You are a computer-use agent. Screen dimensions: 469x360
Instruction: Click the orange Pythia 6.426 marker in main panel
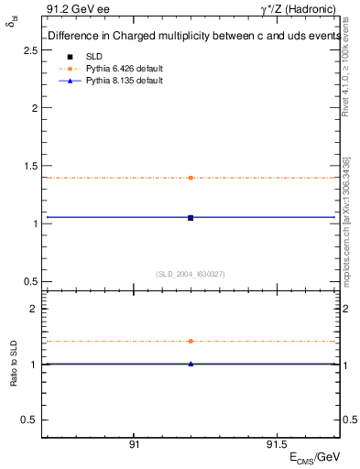point(191,178)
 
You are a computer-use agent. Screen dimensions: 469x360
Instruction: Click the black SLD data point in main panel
point(191,217)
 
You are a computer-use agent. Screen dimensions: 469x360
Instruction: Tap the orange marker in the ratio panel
point(191,341)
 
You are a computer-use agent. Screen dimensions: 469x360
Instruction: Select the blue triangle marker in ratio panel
point(191,364)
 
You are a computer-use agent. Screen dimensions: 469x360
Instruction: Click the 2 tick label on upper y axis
point(33,108)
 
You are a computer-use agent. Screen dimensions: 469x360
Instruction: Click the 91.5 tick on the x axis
point(276,444)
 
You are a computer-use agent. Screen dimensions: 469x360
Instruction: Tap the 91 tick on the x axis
point(134,444)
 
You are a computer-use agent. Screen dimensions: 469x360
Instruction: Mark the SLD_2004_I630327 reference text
point(191,273)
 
